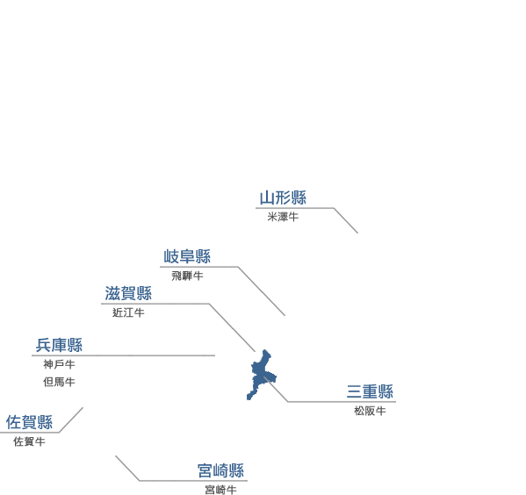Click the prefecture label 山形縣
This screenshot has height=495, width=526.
click(x=283, y=197)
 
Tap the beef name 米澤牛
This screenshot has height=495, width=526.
click(x=283, y=217)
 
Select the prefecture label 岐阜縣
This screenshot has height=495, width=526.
click(x=187, y=256)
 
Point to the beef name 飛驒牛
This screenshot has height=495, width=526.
click(x=187, y=276)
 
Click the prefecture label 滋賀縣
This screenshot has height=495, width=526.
click(x=128, y=293)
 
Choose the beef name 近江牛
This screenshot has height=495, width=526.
click(x=128, y=312)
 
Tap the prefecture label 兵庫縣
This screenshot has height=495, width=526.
click(x=59, y=345)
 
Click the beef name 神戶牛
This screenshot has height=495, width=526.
click(x=59, y=364)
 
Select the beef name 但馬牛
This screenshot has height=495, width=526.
click(x=59, y=382)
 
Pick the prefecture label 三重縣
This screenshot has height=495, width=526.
click(x=370, y=391)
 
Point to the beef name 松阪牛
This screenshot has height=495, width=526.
click(x=370, y=411)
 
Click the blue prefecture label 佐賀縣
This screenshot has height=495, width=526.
click(x=29, y=422)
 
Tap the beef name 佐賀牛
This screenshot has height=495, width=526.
click(x=29, y=441)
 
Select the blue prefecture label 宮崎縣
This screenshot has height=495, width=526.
click(x=220, y=470)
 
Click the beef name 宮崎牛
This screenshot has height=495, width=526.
click(x=220, y=490)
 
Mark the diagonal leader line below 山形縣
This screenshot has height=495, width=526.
click(x=346, y=220)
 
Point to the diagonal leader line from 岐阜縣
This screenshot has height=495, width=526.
click(x=262, y=291)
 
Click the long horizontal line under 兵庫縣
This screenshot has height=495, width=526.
click(x=124, y=355)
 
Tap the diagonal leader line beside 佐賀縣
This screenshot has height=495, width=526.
click(x=71, y=420)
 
